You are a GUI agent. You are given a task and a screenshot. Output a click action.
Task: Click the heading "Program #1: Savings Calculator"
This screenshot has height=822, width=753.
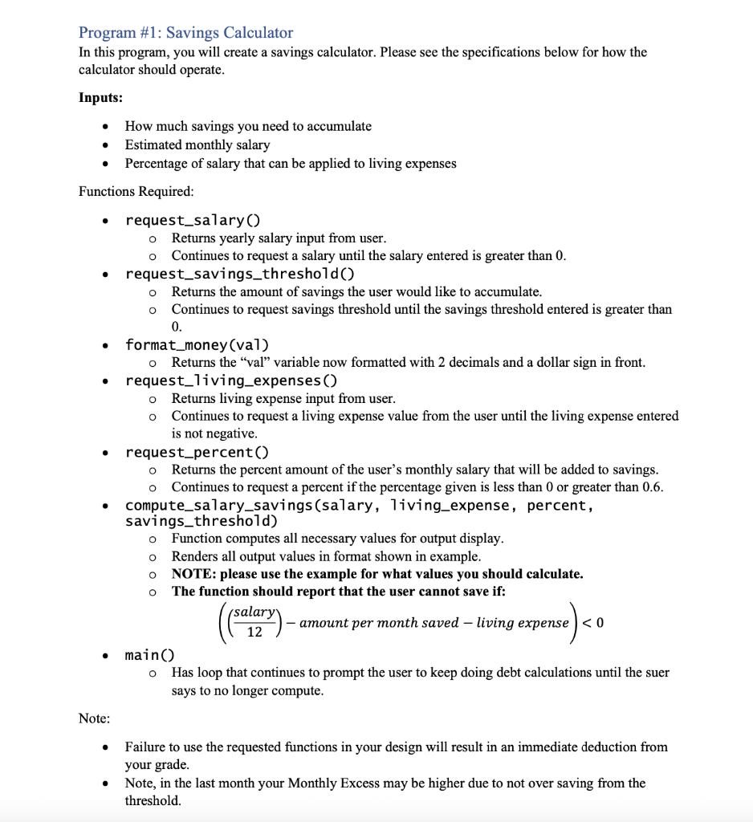tap(185, 33)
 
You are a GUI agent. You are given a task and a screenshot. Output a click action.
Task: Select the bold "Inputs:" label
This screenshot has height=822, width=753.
tap(100, 97)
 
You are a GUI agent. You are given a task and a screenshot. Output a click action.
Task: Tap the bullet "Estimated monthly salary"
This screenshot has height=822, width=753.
tap(197, 145)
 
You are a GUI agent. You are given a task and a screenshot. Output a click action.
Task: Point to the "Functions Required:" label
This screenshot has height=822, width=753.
tap(136, 191)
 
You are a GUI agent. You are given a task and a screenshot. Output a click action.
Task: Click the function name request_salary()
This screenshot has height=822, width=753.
tap(193, 220)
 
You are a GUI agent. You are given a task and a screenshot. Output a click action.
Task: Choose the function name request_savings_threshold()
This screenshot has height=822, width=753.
tap(240, 274)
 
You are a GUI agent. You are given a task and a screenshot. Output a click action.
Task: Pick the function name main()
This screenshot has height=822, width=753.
tap(149, 655)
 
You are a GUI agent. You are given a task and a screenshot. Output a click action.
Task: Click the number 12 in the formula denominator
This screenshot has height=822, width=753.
tap(254, 633)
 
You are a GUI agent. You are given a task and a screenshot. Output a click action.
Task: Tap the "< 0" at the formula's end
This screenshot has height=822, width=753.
tap(593, 623)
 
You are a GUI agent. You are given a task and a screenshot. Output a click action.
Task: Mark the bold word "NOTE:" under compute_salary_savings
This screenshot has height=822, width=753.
tap(193, 574)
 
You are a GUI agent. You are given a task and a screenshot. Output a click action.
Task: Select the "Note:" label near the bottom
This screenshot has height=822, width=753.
tap(95, 718)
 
